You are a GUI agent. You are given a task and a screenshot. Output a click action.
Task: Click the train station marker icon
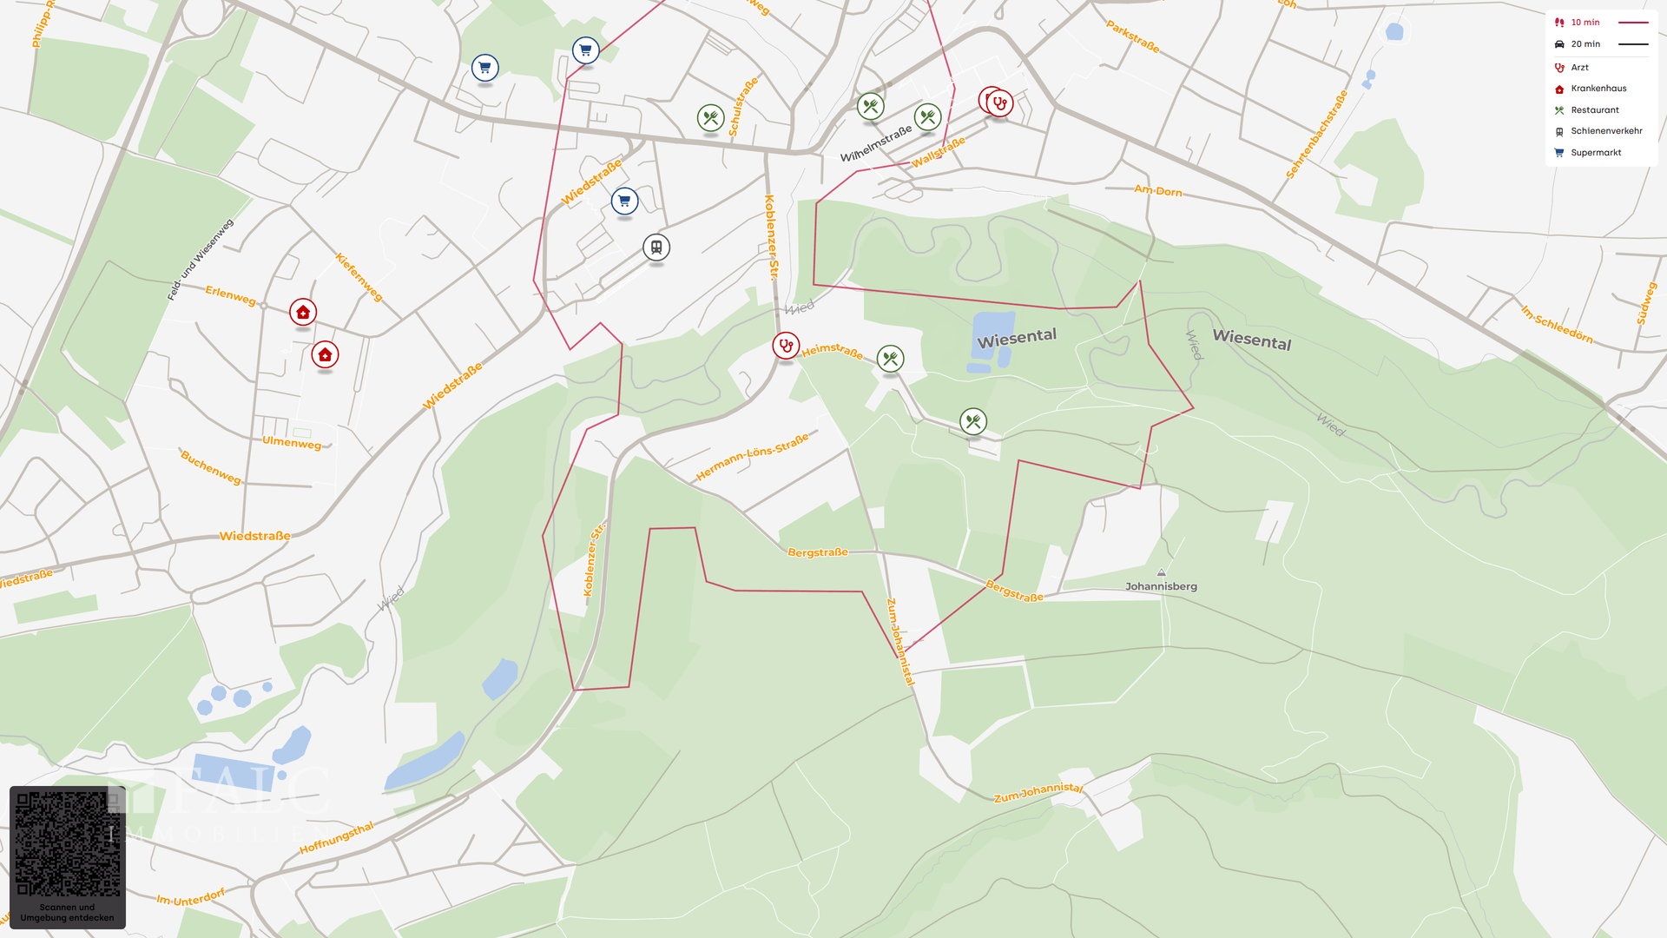(656, 248)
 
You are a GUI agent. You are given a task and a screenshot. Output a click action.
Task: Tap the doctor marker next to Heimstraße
(786, 346)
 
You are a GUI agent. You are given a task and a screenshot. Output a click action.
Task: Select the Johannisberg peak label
(1161, 586)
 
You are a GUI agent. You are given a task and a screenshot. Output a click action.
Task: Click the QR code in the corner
(68, 845)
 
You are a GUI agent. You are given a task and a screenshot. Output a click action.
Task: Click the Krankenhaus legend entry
(1598, 89)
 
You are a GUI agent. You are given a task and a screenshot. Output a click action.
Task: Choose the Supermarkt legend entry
(1595, 153)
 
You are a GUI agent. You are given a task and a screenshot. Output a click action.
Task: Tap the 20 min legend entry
(1585, 44)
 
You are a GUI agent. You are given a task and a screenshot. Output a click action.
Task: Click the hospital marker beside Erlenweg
(303, 312)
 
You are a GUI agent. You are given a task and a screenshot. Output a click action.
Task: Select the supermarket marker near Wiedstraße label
(624, 201)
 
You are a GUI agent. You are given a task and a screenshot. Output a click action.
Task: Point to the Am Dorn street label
(1157, 190)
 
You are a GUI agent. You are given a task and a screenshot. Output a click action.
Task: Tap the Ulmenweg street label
(292, 443)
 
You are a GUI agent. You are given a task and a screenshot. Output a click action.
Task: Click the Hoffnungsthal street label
(336, 838)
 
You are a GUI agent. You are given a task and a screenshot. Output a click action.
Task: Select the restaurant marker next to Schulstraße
(710, 118)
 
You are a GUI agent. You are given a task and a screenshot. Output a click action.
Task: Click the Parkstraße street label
(1132, 37)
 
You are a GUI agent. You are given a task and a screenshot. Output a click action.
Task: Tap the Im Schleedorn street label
(1557, 324)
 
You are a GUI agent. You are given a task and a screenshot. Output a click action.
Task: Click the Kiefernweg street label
(359, 277)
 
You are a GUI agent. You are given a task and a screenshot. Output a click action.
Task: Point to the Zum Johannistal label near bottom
(1038, 792)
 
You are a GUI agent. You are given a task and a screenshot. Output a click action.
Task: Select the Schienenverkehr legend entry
(1605, 131)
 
